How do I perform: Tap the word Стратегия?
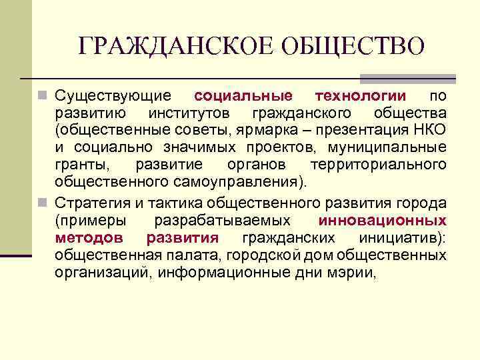(x=88, y=202)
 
